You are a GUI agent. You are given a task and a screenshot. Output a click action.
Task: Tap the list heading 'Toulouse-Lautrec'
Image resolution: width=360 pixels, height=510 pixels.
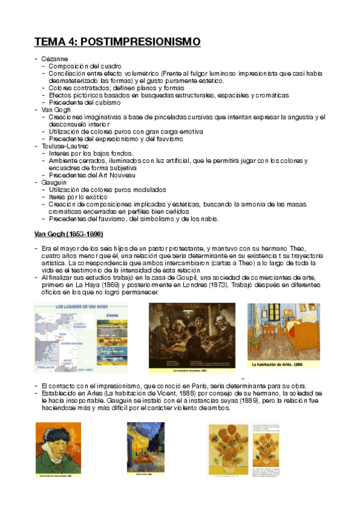[65, 146]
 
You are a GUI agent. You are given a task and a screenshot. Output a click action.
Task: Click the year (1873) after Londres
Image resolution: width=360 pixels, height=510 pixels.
[213, 286]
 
